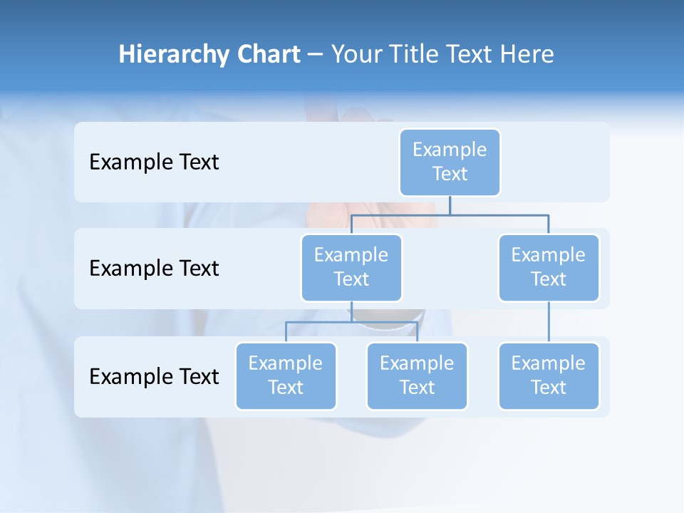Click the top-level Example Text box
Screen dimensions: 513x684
point(450,162)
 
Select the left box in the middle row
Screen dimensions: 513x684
point(351,267)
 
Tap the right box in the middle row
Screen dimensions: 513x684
point(549,267)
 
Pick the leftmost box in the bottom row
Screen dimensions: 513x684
point(286,375)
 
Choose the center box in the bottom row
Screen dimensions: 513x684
point(417,375)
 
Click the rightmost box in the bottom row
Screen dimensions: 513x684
point(549,375)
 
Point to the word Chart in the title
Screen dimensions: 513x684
point(269,54)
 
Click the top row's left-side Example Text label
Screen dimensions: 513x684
point(154,162)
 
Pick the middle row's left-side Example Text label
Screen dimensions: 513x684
point(154,268)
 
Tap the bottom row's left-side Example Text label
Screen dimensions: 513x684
point(154,376)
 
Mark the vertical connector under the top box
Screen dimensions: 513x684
point(450,205)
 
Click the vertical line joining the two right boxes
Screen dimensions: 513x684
point(549,322)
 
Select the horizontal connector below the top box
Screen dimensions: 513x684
point(499,214)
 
